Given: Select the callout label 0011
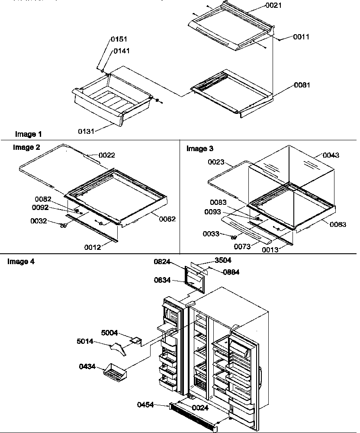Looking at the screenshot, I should click(301, 37).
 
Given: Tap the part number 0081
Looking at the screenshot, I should click(302, 85).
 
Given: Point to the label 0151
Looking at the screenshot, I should click(119, 39).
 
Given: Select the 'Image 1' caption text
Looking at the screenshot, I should click(28, 134).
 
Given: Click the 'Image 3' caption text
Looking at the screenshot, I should click(199, 149).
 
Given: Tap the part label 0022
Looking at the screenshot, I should click(106, 155).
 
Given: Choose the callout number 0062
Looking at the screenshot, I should click(167, 219).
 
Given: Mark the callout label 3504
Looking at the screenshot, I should click(223, 261).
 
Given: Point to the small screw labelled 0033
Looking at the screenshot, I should click(233, 237).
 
